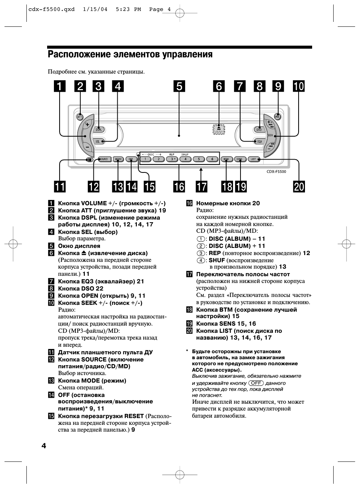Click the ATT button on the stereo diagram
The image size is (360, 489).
tap(80, 117)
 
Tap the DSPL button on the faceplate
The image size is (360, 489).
tap(99, 129)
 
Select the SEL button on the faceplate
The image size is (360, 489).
tap(98, 141)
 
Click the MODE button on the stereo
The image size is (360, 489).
tap(118, 159)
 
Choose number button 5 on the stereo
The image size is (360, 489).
tap(199, 159)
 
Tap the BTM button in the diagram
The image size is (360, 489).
tap(226, 159)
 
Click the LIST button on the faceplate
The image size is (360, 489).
tap(253, 159)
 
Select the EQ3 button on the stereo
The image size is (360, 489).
tap(259, 141)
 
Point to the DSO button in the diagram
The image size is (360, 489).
tap(259, 129)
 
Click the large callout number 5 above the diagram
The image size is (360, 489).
tap(179, 86)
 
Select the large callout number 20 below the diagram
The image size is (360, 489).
tap(299, 187)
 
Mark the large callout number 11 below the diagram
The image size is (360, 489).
tap(60, 187)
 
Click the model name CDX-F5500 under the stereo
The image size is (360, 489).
tap(276, 172)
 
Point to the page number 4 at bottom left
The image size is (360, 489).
tap(44, 446)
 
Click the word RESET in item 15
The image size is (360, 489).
tap(134, 416)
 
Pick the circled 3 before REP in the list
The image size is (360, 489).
tap(201, 253)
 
